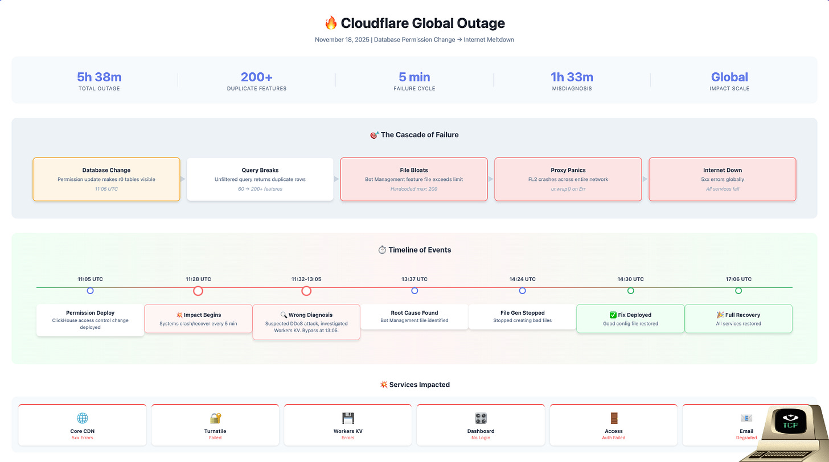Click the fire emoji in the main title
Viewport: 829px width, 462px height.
[x=331, y=23]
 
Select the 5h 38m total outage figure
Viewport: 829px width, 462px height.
[x=99, y=77]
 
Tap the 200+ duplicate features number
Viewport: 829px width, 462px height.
[x=256, y=77]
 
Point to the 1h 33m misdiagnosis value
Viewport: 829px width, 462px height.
[x=572, y=77]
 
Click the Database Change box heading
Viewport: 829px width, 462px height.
[x=106, y=170]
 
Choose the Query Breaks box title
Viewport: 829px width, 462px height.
[x=260, y=170]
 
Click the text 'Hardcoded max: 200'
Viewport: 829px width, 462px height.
[x=414, y=189]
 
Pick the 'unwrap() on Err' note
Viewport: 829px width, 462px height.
[x=568, y=189]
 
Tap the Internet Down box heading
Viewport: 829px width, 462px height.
[x=723, y=170]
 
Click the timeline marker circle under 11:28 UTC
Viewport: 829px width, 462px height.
[x=198, y=291]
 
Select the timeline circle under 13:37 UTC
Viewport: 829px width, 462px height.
[x=414, y=291]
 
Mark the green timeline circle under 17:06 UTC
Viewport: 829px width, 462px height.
[x=738, y=291]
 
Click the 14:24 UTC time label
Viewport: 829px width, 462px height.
[x=522, y=279]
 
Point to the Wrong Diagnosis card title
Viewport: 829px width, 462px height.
[x=311, y=315]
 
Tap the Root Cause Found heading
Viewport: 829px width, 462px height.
[x=414, y=313]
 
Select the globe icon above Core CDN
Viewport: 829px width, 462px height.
[x=83, y=419]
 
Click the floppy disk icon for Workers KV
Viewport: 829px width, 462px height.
[x=348, y=419]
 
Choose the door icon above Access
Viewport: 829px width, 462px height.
[x=614, y=419]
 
